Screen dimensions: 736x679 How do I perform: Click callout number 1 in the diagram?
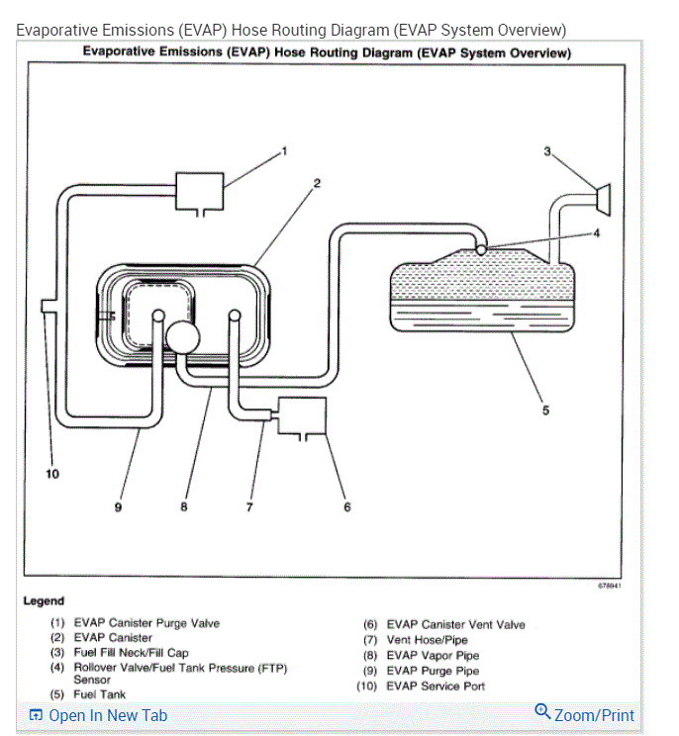284,150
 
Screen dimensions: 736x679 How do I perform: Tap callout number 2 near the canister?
318,183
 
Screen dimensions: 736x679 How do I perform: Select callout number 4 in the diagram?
596,233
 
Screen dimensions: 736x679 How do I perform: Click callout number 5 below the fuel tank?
545,411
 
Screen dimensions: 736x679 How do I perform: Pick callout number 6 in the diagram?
347,507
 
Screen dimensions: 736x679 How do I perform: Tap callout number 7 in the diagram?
249,507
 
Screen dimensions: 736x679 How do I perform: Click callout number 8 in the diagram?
183,507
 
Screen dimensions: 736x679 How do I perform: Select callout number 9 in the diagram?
118,507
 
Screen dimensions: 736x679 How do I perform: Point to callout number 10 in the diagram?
52,474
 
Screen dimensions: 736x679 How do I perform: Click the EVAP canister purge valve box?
199,190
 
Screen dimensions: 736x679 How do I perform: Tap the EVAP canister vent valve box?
302,415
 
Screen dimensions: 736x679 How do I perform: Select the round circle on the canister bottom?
184,336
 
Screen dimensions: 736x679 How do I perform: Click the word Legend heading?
44,600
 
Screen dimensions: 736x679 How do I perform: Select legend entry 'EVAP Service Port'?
436,686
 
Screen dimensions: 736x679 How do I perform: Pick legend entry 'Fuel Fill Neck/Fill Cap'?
131,653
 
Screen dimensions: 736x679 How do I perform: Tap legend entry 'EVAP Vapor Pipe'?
433,655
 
